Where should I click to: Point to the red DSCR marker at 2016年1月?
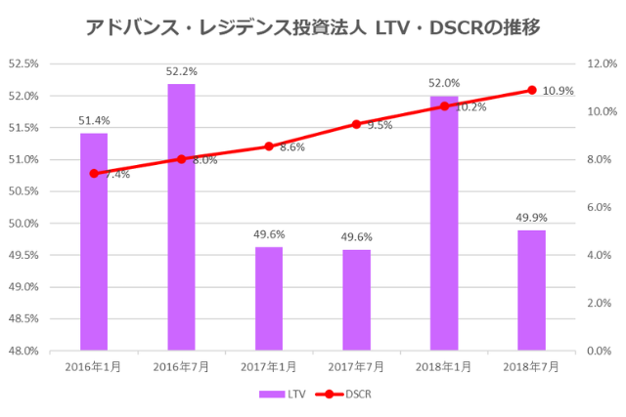click(94, 174)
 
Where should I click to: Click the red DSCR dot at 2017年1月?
click(269, 146)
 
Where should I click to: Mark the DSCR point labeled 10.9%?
click(532, 90)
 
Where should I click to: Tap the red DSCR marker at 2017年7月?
click(357, 124)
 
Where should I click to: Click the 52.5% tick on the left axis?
click(23, 63)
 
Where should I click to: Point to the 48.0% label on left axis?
click(23, 351)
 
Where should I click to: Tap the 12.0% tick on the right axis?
click(599, 63)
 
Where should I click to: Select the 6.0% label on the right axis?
click(599, 207)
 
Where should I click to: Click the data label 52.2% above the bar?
click(181, 72)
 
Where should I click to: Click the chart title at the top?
click(313, 25)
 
